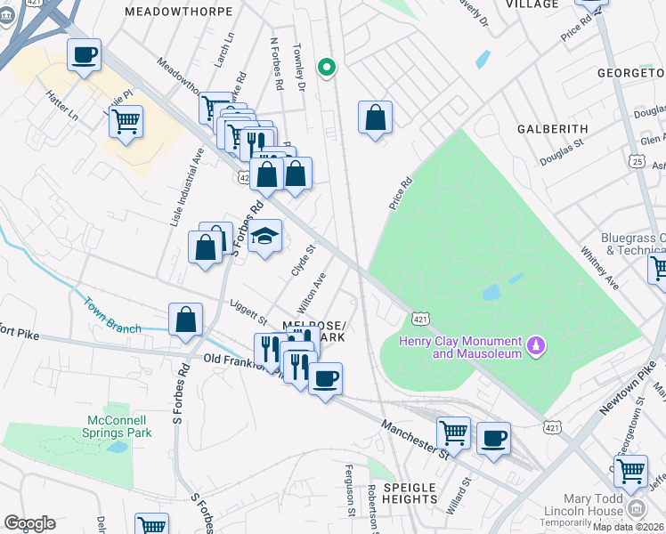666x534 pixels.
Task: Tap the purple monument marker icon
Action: point(536,344)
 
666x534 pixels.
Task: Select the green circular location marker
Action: point(327,67)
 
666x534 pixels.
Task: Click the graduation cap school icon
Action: point(264,237)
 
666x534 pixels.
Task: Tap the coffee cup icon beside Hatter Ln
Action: point(85,55)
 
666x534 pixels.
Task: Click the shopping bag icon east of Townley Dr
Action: point(376,117)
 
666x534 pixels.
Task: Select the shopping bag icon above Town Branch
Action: point(185,320)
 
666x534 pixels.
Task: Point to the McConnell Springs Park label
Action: point(119,426)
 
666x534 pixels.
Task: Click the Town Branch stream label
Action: point(112,315)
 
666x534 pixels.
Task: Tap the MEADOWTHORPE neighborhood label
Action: point(179,12)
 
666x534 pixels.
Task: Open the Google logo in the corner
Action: point(29,523)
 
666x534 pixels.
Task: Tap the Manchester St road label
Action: point(416,441)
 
